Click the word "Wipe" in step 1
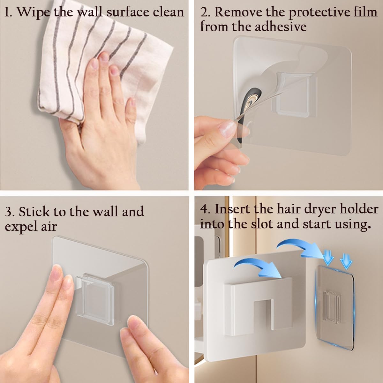click(x=34, y=12)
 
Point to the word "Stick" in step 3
click(x=34, y=211)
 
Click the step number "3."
click(x=10, y=212)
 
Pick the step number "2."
click(x=206, y=12)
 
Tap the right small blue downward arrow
click(x=346, y=263)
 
